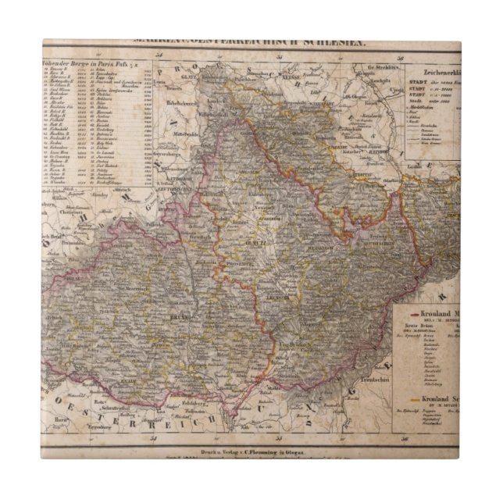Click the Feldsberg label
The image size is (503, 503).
click(205, 405)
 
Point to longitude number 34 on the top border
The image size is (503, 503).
click(158, 54)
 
